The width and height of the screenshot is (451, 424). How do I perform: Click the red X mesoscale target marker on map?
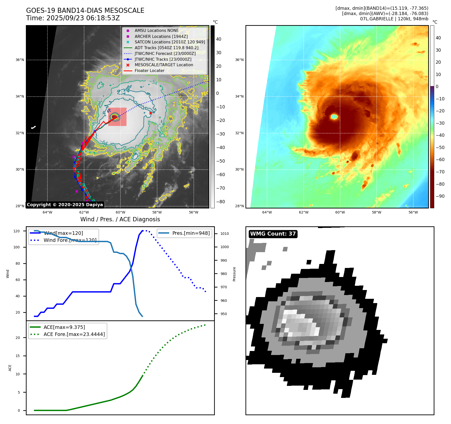[151, 113]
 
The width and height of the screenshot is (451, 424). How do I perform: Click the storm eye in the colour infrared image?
[334, 116]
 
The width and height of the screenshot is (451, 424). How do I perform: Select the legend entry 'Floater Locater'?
[149, 71]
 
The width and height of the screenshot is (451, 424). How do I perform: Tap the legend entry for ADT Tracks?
[166, 48]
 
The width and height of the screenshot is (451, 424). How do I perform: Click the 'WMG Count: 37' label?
[273, 234]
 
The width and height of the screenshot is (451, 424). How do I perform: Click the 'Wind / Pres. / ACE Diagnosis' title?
[120, 219]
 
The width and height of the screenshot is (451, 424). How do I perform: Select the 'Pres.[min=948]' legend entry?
[191, 233]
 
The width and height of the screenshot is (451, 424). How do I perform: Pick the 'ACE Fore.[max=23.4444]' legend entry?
[74, 334]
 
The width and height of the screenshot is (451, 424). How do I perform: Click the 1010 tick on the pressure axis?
[224, 234]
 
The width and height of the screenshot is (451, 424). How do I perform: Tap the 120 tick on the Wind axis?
[17, 231]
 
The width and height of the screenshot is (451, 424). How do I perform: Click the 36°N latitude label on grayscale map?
[20, 60]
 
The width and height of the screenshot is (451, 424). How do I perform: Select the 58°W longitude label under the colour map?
[376, 213]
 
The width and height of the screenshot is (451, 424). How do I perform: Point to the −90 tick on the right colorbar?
[440, 196]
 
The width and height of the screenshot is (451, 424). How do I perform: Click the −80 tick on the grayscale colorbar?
[221, 202]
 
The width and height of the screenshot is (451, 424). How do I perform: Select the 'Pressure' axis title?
[234, 274]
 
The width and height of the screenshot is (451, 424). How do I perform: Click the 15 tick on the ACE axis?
[18, 356]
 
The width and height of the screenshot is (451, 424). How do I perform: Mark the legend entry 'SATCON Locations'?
[170, 42]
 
